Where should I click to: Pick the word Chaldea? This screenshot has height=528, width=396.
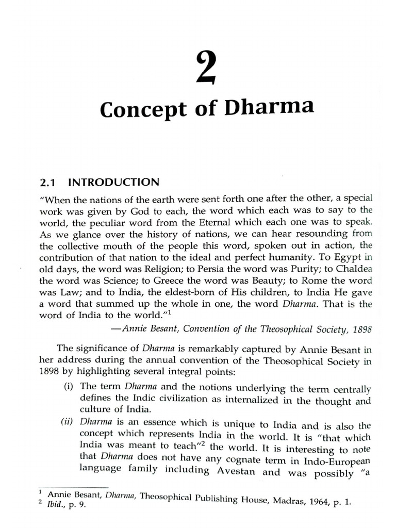[353, 269]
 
